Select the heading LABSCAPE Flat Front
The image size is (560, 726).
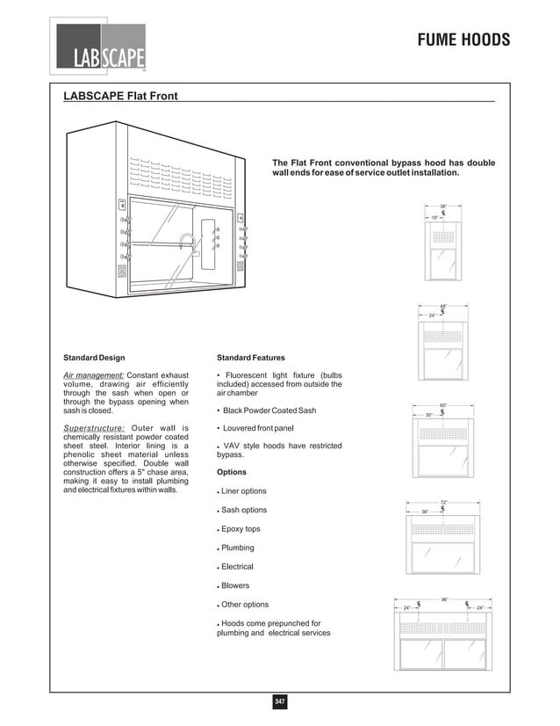click(x=121, y=96)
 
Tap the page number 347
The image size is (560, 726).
click(x=280, y=701)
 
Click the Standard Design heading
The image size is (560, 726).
click(x=94, y=358)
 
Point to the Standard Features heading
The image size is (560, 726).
click(x=250, y=358)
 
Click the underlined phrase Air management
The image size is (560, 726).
click(x=93, y=375)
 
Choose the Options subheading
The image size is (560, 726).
click(x=232, y=472)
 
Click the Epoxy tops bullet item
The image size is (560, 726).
click(x=241, y=529)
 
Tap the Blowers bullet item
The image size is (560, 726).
click(x=236, y=585)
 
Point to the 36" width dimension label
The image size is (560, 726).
click(x=443, y=206)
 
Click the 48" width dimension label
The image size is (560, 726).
click(x=443, y=307)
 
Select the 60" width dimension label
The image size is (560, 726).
click(x=443, y=405)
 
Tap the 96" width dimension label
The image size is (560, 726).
click(x=445, y=599)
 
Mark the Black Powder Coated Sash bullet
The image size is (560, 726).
click(x=269, y=410)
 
